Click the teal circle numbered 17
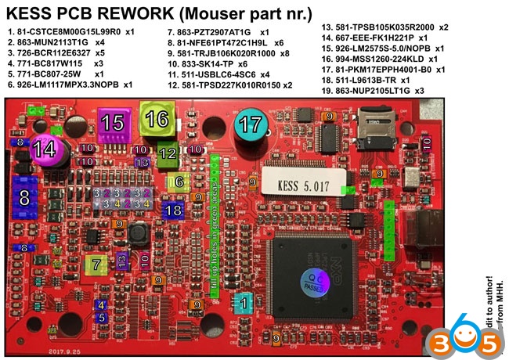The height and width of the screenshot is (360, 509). (251, 123)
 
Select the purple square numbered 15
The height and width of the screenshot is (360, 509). (114, 121)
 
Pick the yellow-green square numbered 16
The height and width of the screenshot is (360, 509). (156, 119)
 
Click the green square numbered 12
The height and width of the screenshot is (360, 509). (168, 153)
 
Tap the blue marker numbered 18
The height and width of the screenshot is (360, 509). (174, 209)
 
